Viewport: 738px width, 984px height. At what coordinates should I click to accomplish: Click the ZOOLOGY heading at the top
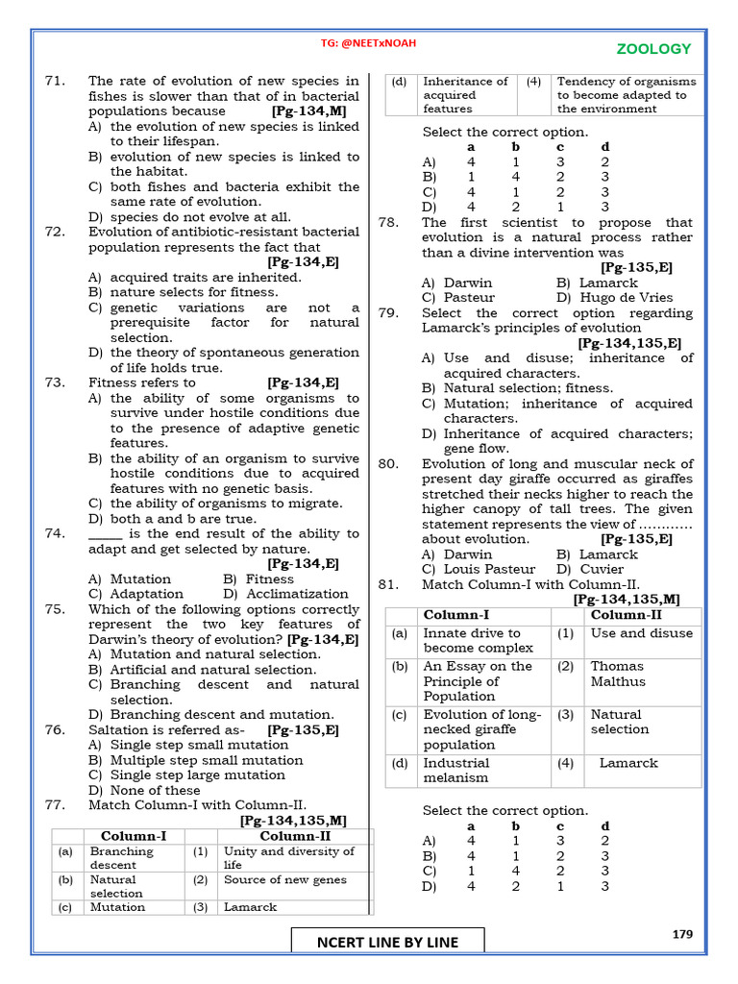[x=652, y=49]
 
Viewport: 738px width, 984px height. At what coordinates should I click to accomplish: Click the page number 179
[x=682, y=933]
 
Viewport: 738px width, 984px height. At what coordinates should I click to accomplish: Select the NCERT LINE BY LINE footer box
[x=387, y=942]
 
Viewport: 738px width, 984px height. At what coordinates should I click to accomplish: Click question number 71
[x=54, y=81]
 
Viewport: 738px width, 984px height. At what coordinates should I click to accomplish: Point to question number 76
[x=54, y=729]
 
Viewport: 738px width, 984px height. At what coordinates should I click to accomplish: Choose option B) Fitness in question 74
[x=258, y=579]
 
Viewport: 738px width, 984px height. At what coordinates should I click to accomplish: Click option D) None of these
[x=144, y=790]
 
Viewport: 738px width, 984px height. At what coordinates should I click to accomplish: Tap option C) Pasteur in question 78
[x=457, y=298]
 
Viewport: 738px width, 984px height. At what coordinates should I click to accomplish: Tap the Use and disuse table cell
[x=641, y=633]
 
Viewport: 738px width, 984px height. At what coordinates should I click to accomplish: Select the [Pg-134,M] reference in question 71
[x=308, y=111]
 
